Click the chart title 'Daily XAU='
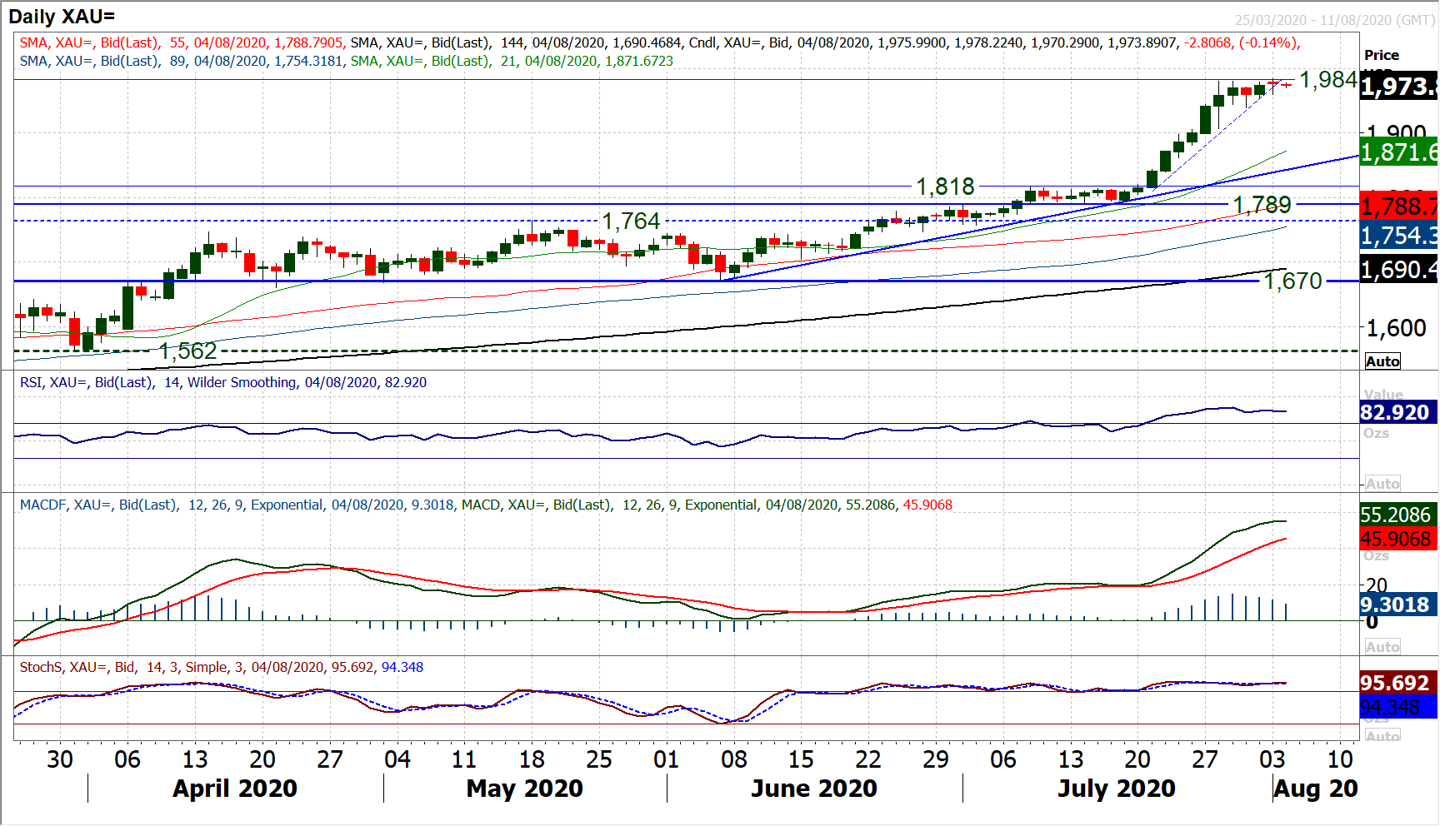tap(62, 16)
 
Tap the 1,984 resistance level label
tap(1328, 80)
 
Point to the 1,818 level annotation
tap(945, 187)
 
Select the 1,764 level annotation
tap(631, 221)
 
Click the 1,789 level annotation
tap(1262, 205)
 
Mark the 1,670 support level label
tap(1292, 281)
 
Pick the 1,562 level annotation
tap(187, 351)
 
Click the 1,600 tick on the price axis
tap(1397, 328)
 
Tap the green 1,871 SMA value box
tap(1398, 152)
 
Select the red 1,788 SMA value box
tap(1398, 206)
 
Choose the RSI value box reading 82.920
tap(1394, 412)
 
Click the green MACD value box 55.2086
tap(1395, 515)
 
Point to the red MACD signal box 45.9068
tap(1395, 540)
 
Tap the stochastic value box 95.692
tap(1394, 683)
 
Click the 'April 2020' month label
tap(235, 789)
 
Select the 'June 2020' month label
tap(813, 789)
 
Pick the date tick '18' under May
tap(532, 759)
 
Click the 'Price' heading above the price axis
tap(1381, 55)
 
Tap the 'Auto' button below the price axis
tap(1382, 361)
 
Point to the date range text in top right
tap(1334, 20)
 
